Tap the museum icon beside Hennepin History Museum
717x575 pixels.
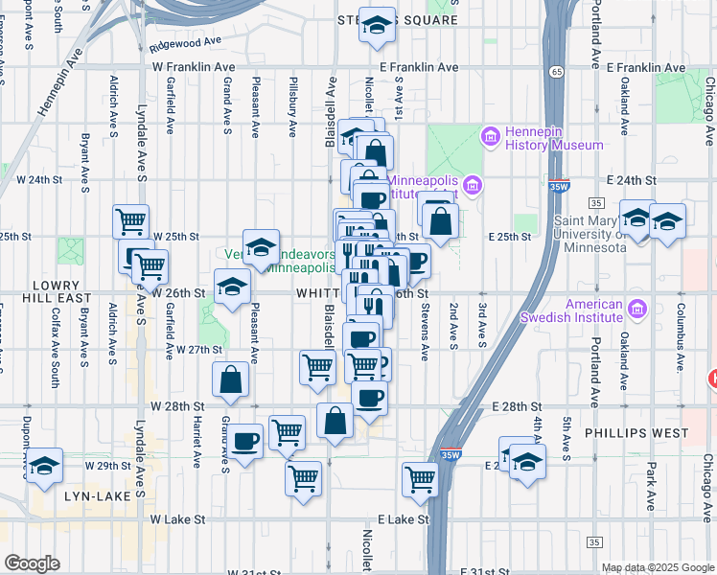pyautogui.click(x=491, y=136)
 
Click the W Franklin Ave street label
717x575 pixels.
pyautogui.click(x=193, y=67)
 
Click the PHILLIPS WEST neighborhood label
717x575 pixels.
pyautogui.click(x=636, y=433)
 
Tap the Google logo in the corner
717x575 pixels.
pyautogui.click(x=32, y=563)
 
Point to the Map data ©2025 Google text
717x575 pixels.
pyautogui.click(x=658, y=567)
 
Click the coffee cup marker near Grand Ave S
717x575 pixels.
pyautogui.click(x=245, y=441)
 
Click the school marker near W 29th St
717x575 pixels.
pyautogui.click(x=44, y=466)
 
